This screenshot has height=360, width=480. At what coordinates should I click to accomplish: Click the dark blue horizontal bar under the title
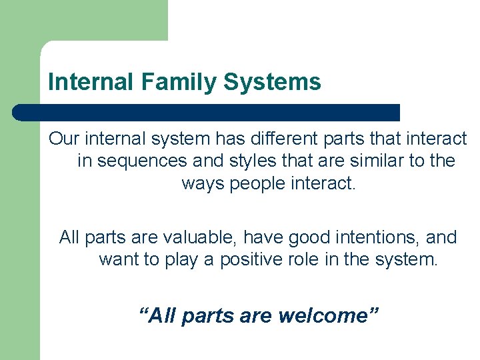point(207,112)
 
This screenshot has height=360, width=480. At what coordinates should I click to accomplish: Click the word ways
point(203,183)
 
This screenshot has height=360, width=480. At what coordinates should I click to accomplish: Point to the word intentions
point(387,237)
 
